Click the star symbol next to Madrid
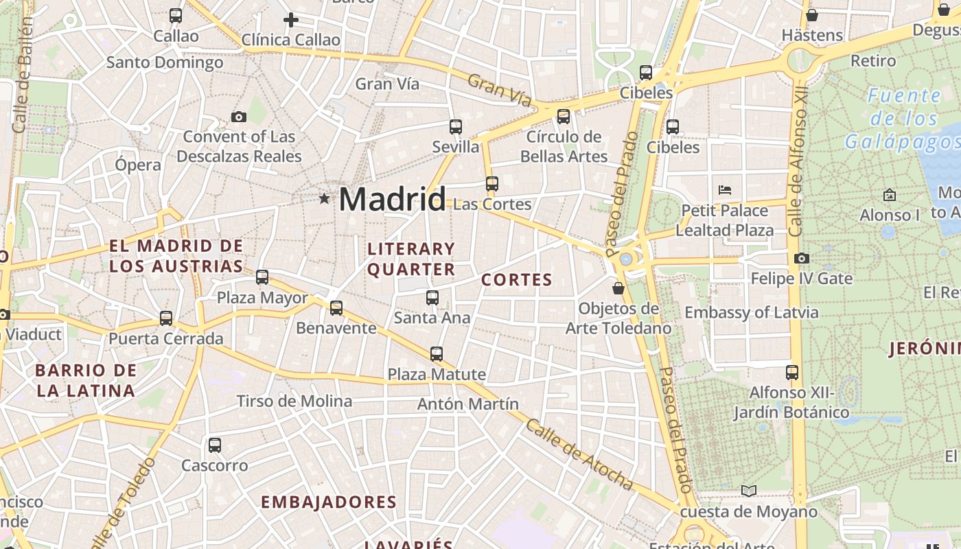pyautogui.click(x=324, y=198)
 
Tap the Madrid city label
pyautogui.click(x=392, y=199)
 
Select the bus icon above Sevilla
pyautogui.click(x=456, y=126)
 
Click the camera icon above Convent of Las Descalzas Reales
pyautogui.click(x=239, y=117)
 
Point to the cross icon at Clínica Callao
pyautogui.click(x=291, y=20)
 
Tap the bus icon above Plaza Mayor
pyautogui.click(x=262, y=277)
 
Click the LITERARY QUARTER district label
pyautogui.click(x=411, y=259)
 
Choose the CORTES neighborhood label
pyautogui.click(x=517, y=280)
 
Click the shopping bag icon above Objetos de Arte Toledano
pyautogui.click(x=618, y=288)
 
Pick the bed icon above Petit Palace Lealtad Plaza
pyautogui.click(x=725, y=190)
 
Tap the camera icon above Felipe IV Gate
pyautogui.click(x=802, y=259)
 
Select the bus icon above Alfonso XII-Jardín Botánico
pyautogui.click(x=792, y=373)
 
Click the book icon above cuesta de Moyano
pyautogui.click(x=749, y=491)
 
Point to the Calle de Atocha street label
pyautogui.click(x=580, y=454)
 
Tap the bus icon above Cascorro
pyautogui.click(x=215, y=445)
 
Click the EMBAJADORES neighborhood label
pyautogui.click(x=329, y=502)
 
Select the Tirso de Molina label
pyautogui.click(x=294, y=401)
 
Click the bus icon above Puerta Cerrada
pyautogui.click(x=166, y=318)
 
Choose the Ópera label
pyautogui.click(x=138, y=165)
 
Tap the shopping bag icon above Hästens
pyautogui.click(x=812, y=15)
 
